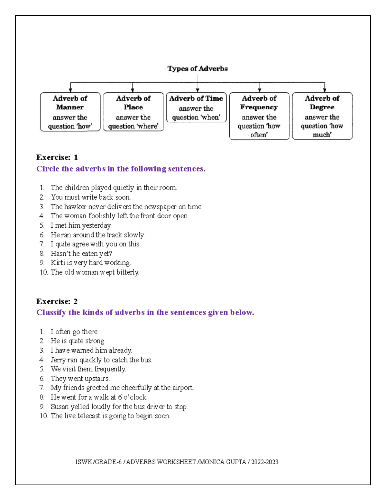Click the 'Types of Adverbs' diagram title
(x=197, y=69)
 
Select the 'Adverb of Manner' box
(x=70, y=112)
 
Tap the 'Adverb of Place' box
(x=133, y=112)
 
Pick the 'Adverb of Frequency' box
(x=259, y=116)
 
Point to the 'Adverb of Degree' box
(x=322, y=116)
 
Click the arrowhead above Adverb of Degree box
(x=325, y=90)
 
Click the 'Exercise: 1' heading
(x=57, y=157)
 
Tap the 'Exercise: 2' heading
(x=57, y=301)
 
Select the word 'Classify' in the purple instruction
(x=51, y=312)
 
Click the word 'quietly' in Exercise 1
(x=122, y=188)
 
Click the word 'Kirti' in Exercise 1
(x=58, y=263)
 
